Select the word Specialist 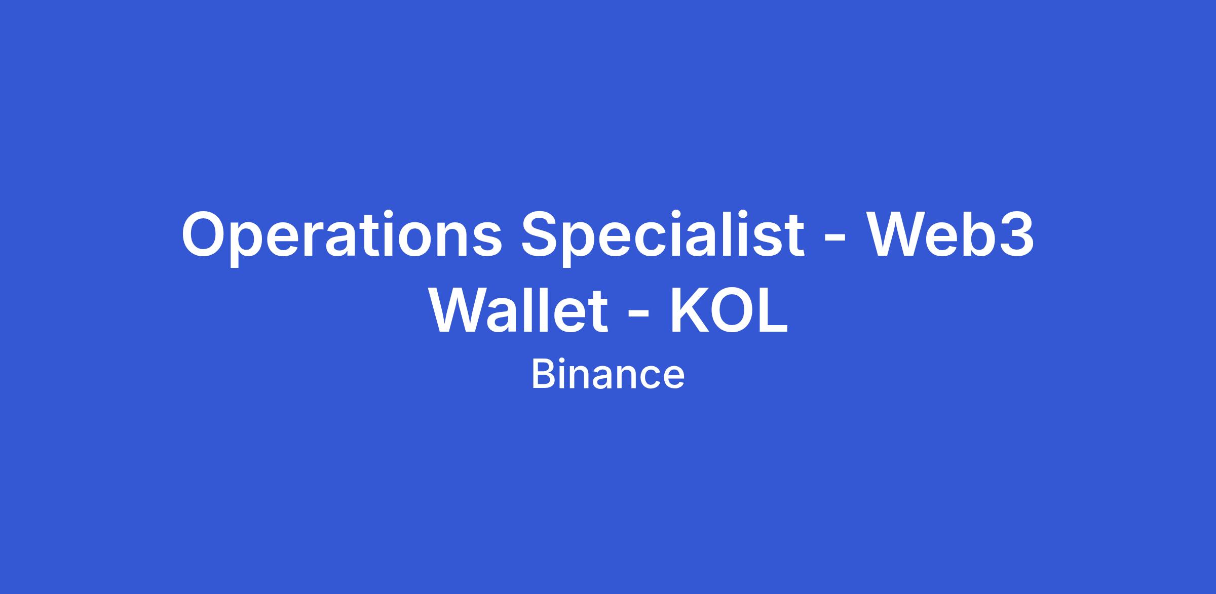point(663,237)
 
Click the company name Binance point(608,375)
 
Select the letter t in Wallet point(598,312)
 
